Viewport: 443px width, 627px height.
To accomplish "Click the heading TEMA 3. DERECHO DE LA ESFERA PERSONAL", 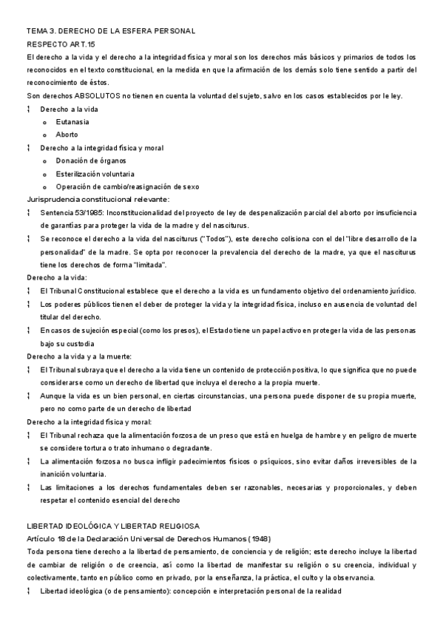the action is [x=110, y=31].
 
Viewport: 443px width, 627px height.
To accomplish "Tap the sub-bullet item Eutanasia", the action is [x=72, y=122].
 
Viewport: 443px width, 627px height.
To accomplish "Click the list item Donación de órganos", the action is [x=91, y=160].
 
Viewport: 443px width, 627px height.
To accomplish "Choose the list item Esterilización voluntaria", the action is [x=95, y=174].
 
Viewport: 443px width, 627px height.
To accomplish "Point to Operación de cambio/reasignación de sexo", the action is [x=127, y=186].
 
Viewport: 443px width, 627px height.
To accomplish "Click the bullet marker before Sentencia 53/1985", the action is [x=28, y=212].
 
